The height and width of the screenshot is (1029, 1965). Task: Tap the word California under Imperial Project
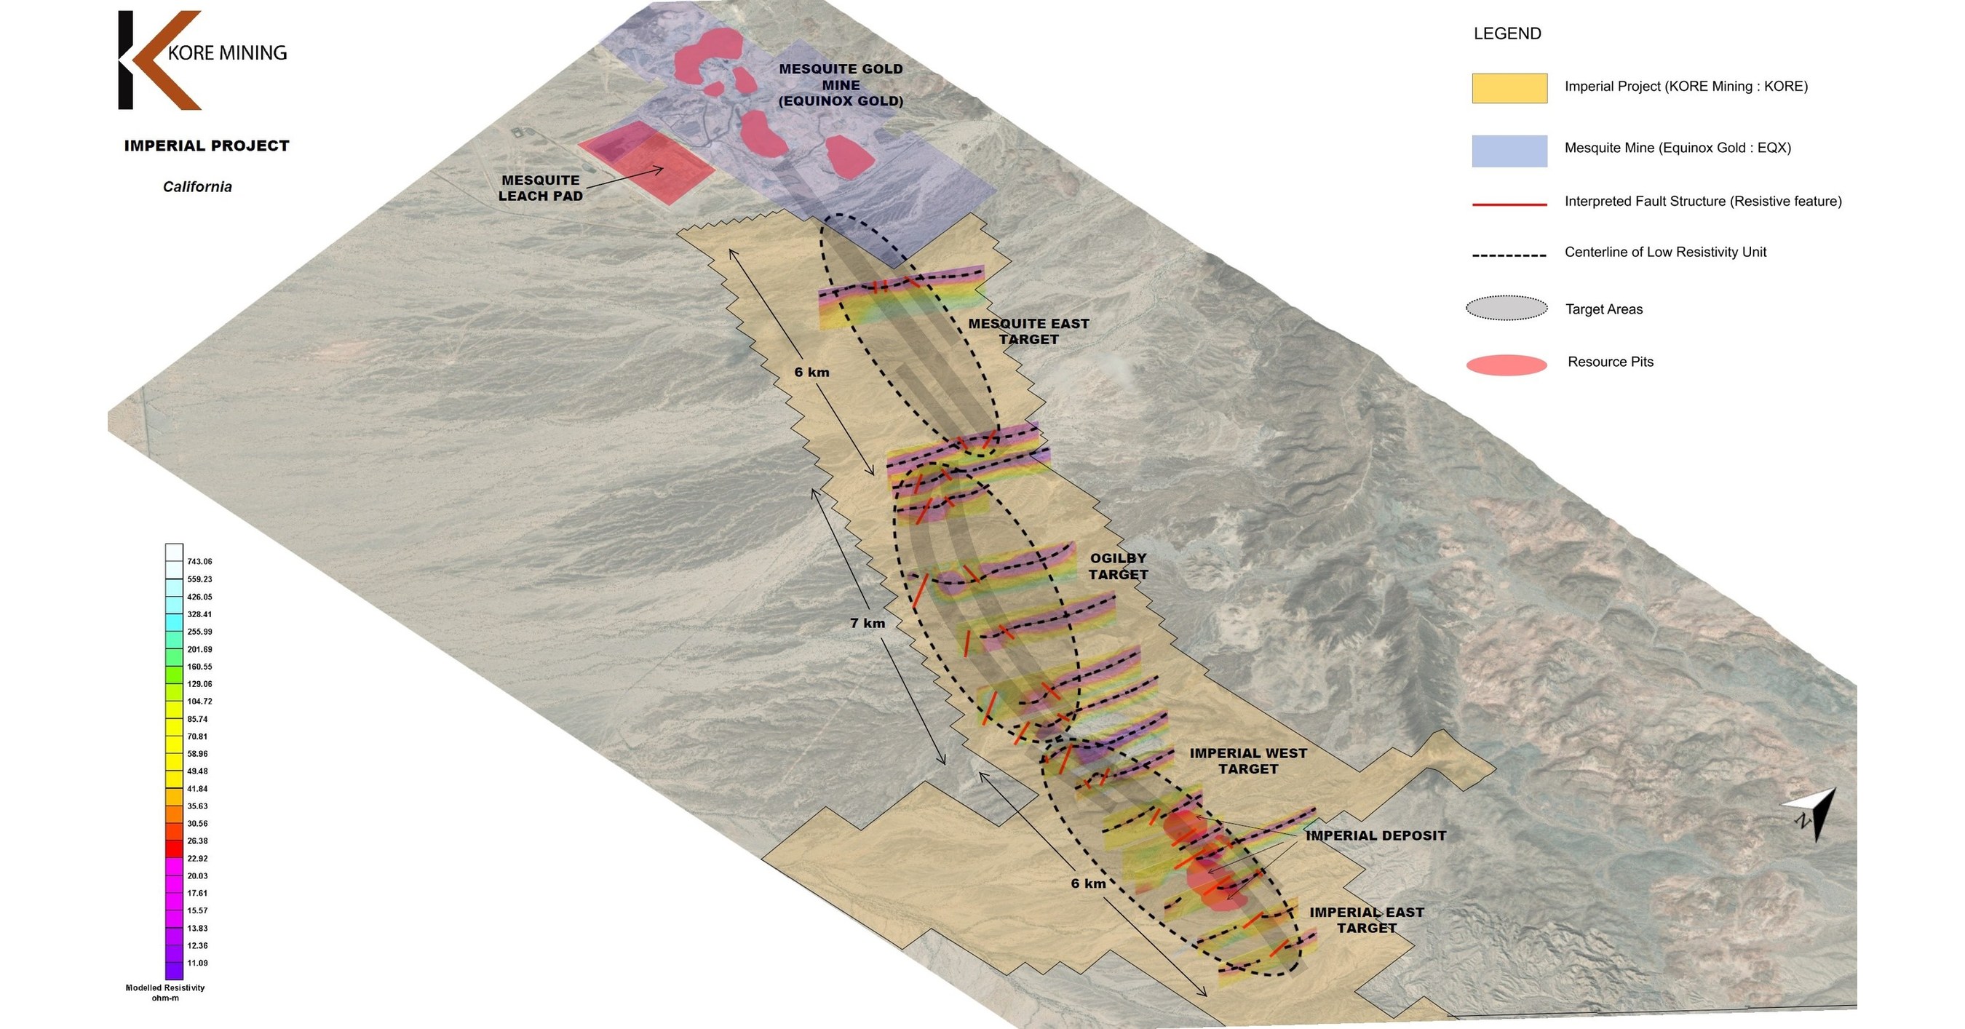[196, 187]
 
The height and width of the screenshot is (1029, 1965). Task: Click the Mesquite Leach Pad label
[540, 188]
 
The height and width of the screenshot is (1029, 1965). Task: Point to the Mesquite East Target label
[1028, 331]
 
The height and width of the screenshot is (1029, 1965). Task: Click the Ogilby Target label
[1118, 566]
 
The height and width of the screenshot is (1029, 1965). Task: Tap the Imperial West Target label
[1248, 760]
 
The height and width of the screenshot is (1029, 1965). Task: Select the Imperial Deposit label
[1375, 835]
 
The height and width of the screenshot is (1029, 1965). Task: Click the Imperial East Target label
[1366, 920]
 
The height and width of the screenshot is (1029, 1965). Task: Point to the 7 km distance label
[868, 623]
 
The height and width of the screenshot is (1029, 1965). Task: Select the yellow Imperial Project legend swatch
[1509, 88]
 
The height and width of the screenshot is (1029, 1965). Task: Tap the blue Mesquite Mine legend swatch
[1509, 150]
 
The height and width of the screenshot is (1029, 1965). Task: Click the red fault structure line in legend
[1509, 204]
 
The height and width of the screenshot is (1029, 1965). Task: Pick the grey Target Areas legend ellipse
[1506, 308]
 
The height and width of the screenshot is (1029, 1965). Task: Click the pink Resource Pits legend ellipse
[1506, 365]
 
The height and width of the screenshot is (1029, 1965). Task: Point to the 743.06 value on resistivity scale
[199, 561]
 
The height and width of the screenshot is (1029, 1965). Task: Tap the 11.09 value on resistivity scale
[196, 963]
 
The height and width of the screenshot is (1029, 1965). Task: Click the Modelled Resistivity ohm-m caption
[164, 993]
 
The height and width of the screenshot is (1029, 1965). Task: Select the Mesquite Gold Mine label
[841, 84]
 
